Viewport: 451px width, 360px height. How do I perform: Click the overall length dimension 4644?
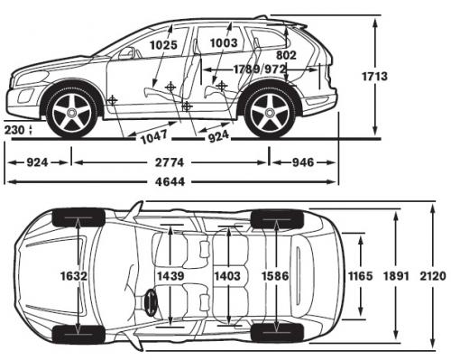tap(170, 182)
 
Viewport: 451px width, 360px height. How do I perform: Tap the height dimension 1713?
tap(376, 77)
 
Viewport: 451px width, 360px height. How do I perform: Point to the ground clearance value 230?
tap(15, 131)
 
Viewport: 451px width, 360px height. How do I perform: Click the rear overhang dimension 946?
tap(302, 163)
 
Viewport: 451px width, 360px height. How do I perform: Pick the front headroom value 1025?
tap(163, 42)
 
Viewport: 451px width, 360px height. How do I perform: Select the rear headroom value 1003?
tap(223, 42)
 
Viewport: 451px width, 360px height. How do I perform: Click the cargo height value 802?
tap(286, 55)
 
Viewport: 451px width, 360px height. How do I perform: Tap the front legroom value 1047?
tap(155, 138)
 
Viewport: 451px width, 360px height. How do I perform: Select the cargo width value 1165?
tap(359, 275)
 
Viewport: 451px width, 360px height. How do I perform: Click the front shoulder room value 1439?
tap(170, 275)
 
